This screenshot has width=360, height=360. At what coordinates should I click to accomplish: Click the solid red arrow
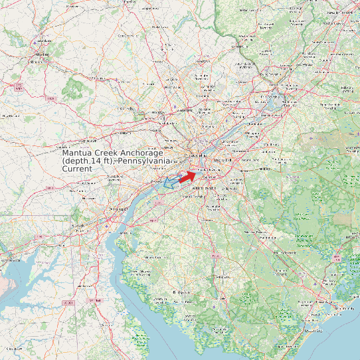[188, 175]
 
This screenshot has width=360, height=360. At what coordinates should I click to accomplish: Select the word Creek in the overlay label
[109, 153]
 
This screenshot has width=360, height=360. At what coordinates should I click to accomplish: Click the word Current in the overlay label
[78, 169]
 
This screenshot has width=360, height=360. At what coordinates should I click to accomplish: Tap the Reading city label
[43, 54]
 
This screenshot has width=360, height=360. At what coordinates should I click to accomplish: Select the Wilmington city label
[118, 209]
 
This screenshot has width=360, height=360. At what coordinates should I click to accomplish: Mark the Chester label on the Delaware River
[157, 181]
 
